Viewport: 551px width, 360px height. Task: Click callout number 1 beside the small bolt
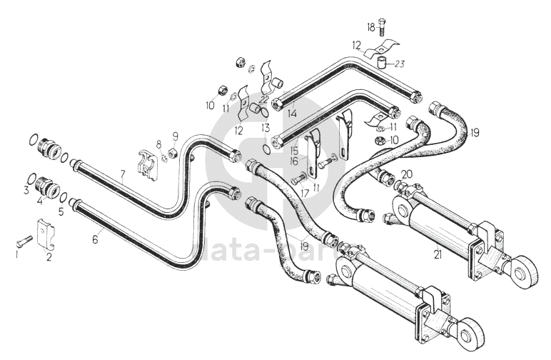(x=17, y=252)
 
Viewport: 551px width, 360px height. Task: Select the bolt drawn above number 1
(x=26, y=239)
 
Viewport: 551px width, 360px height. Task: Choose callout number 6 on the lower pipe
(x=95, y=241)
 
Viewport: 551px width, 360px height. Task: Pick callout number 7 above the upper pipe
(x=122, y=173)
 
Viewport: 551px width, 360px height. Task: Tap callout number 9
(x=173, y=137)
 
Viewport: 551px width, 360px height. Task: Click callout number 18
(x=370, y=27)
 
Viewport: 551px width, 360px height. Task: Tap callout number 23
(x=400, y=64)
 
